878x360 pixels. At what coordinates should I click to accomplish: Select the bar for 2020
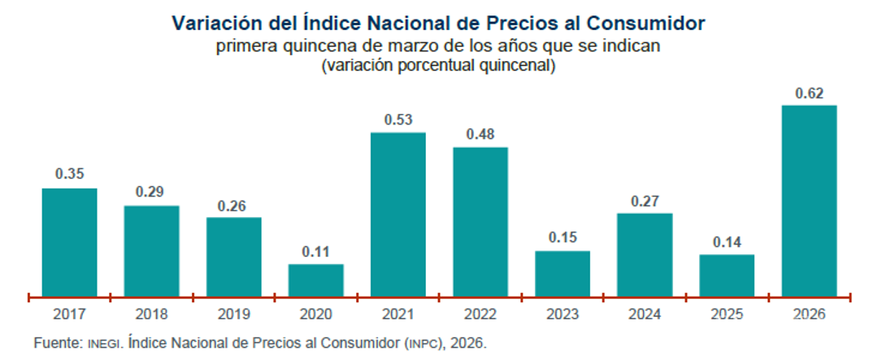[315, 280]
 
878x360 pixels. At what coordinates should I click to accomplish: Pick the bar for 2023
[562, 273]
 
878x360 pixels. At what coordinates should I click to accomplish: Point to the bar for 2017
[69, 241]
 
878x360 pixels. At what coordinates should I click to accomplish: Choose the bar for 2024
[645, 254]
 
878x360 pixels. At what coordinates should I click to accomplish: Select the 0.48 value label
[480, 134]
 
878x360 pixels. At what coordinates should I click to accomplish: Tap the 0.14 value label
[727, 241]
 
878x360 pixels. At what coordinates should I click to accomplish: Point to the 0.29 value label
[151, 193]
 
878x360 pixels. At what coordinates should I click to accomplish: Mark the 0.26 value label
[233, 205]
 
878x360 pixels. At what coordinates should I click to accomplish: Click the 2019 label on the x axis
[233, 314]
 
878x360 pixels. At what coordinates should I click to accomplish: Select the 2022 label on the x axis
[480, 314]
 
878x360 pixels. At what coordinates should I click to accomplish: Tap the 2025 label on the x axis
[727, 314]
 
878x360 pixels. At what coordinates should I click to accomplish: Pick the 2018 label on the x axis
[151, 314]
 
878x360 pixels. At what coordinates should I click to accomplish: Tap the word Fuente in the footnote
[58, 344]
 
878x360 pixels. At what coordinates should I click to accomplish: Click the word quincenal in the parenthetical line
[519, 66]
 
